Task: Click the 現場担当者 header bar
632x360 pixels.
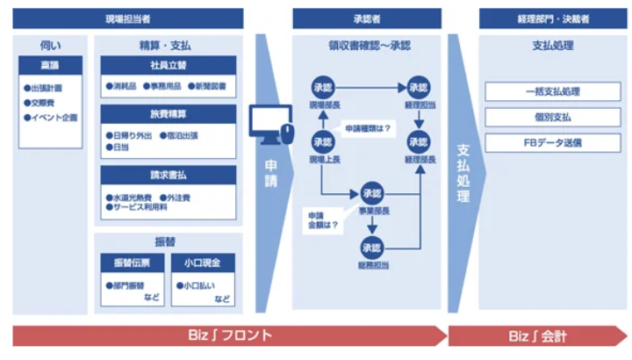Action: (128, 18)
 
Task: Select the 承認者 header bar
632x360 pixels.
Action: (366, 18)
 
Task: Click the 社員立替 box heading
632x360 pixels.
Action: (168, 65)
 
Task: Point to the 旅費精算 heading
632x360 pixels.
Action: (168, 114)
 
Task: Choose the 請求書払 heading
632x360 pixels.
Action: (168, 174)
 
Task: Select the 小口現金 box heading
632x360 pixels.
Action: (204, 263)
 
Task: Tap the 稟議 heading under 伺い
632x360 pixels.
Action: (51, 65)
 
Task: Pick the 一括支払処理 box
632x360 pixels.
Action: (553, 91)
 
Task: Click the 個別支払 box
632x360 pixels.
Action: (553, 117)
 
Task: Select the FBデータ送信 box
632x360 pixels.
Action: (553, 141)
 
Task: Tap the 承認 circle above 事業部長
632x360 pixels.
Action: (372, 193)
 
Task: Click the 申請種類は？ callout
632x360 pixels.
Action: (368, 128)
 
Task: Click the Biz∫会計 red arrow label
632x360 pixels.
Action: (535, 335)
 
